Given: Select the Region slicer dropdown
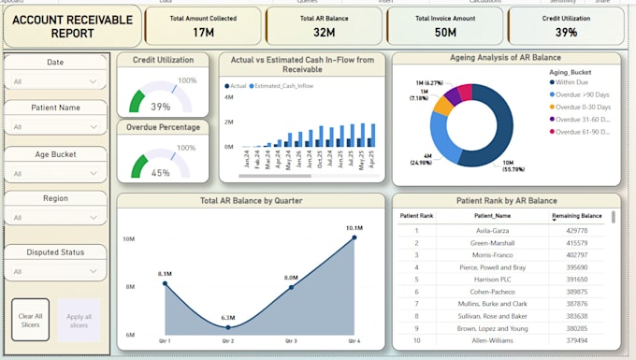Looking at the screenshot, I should point(55,217).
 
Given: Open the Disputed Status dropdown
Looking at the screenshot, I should point(55,272).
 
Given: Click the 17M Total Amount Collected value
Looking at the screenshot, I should point(203,33).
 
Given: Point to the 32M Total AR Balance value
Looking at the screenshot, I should point(324,33).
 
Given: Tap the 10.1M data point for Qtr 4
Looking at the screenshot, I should point(354,238).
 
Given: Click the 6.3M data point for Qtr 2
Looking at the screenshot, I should point(228,326).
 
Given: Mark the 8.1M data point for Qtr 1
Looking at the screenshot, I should point(166,283).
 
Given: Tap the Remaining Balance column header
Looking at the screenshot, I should point(576,216).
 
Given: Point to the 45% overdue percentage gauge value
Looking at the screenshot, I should point(161,172).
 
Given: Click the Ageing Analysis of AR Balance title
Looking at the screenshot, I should point(505,58).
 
